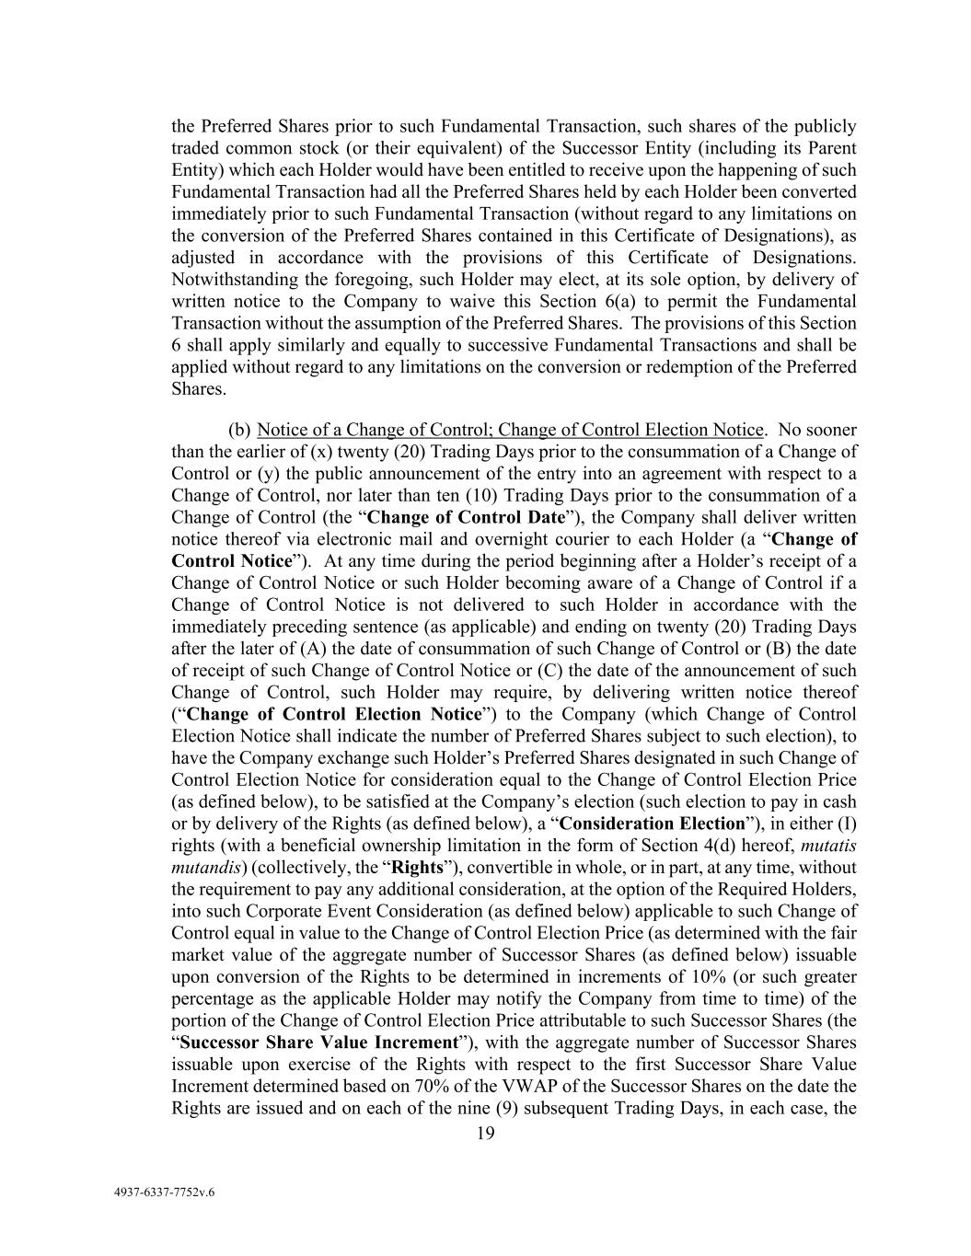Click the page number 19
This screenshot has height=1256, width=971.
[x=485, y=1134]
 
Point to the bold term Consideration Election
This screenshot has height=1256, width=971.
[x=652, y=824]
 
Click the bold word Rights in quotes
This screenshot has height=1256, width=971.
[x=418, y=868]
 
